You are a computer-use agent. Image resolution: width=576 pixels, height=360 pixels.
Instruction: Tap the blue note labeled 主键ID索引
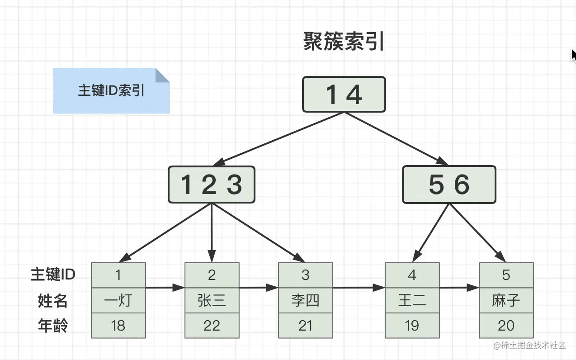(x=111, y=90)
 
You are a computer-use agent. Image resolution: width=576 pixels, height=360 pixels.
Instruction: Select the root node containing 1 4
(x=344, y=94)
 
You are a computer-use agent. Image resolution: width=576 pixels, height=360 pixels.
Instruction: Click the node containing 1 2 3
(x=211, y=185)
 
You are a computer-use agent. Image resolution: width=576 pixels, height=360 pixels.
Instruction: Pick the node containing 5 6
(x=449, y=185)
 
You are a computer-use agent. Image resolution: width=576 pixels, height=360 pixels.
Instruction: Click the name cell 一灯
(x=118, y=300)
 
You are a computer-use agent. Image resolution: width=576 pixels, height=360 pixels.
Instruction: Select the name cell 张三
(x=212, y=300)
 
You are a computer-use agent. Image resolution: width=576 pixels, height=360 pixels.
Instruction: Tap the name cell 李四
(x=305, y=300)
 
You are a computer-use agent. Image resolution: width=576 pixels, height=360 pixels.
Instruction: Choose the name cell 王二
(x=412, y=300)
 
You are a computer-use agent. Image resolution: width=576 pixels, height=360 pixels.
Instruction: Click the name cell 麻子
(x=506, y=300)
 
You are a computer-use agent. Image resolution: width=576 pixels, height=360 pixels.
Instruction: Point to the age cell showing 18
(x=118, y=326)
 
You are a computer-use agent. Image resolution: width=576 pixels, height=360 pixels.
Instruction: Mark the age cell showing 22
(x=212, y=326)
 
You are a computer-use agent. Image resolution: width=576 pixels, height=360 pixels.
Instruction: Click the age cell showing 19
(x=412, y=326)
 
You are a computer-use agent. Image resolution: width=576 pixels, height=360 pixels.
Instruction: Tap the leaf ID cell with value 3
(x=305, y=275)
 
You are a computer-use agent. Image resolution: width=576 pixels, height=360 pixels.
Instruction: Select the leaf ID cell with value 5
(x=506, y=275)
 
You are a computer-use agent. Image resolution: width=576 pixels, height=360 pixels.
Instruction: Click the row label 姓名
(x=52, y=300)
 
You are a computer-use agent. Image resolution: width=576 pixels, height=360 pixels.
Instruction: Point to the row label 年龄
(x=52, y=326)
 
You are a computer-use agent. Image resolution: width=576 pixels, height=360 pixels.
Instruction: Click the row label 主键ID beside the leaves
(x=52, y=275)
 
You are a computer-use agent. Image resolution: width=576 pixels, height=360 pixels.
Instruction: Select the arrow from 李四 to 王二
(x=359, y=287)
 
